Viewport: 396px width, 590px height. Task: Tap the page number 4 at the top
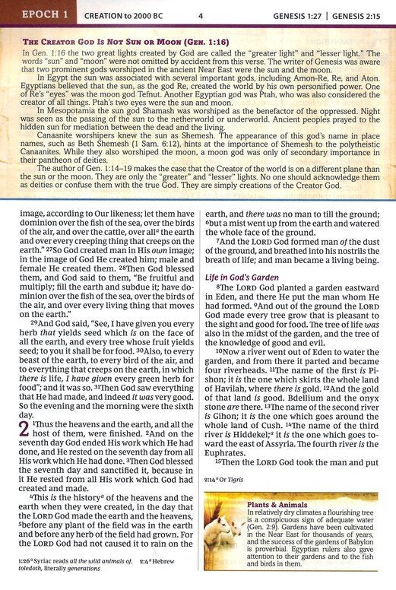[201, 14]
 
